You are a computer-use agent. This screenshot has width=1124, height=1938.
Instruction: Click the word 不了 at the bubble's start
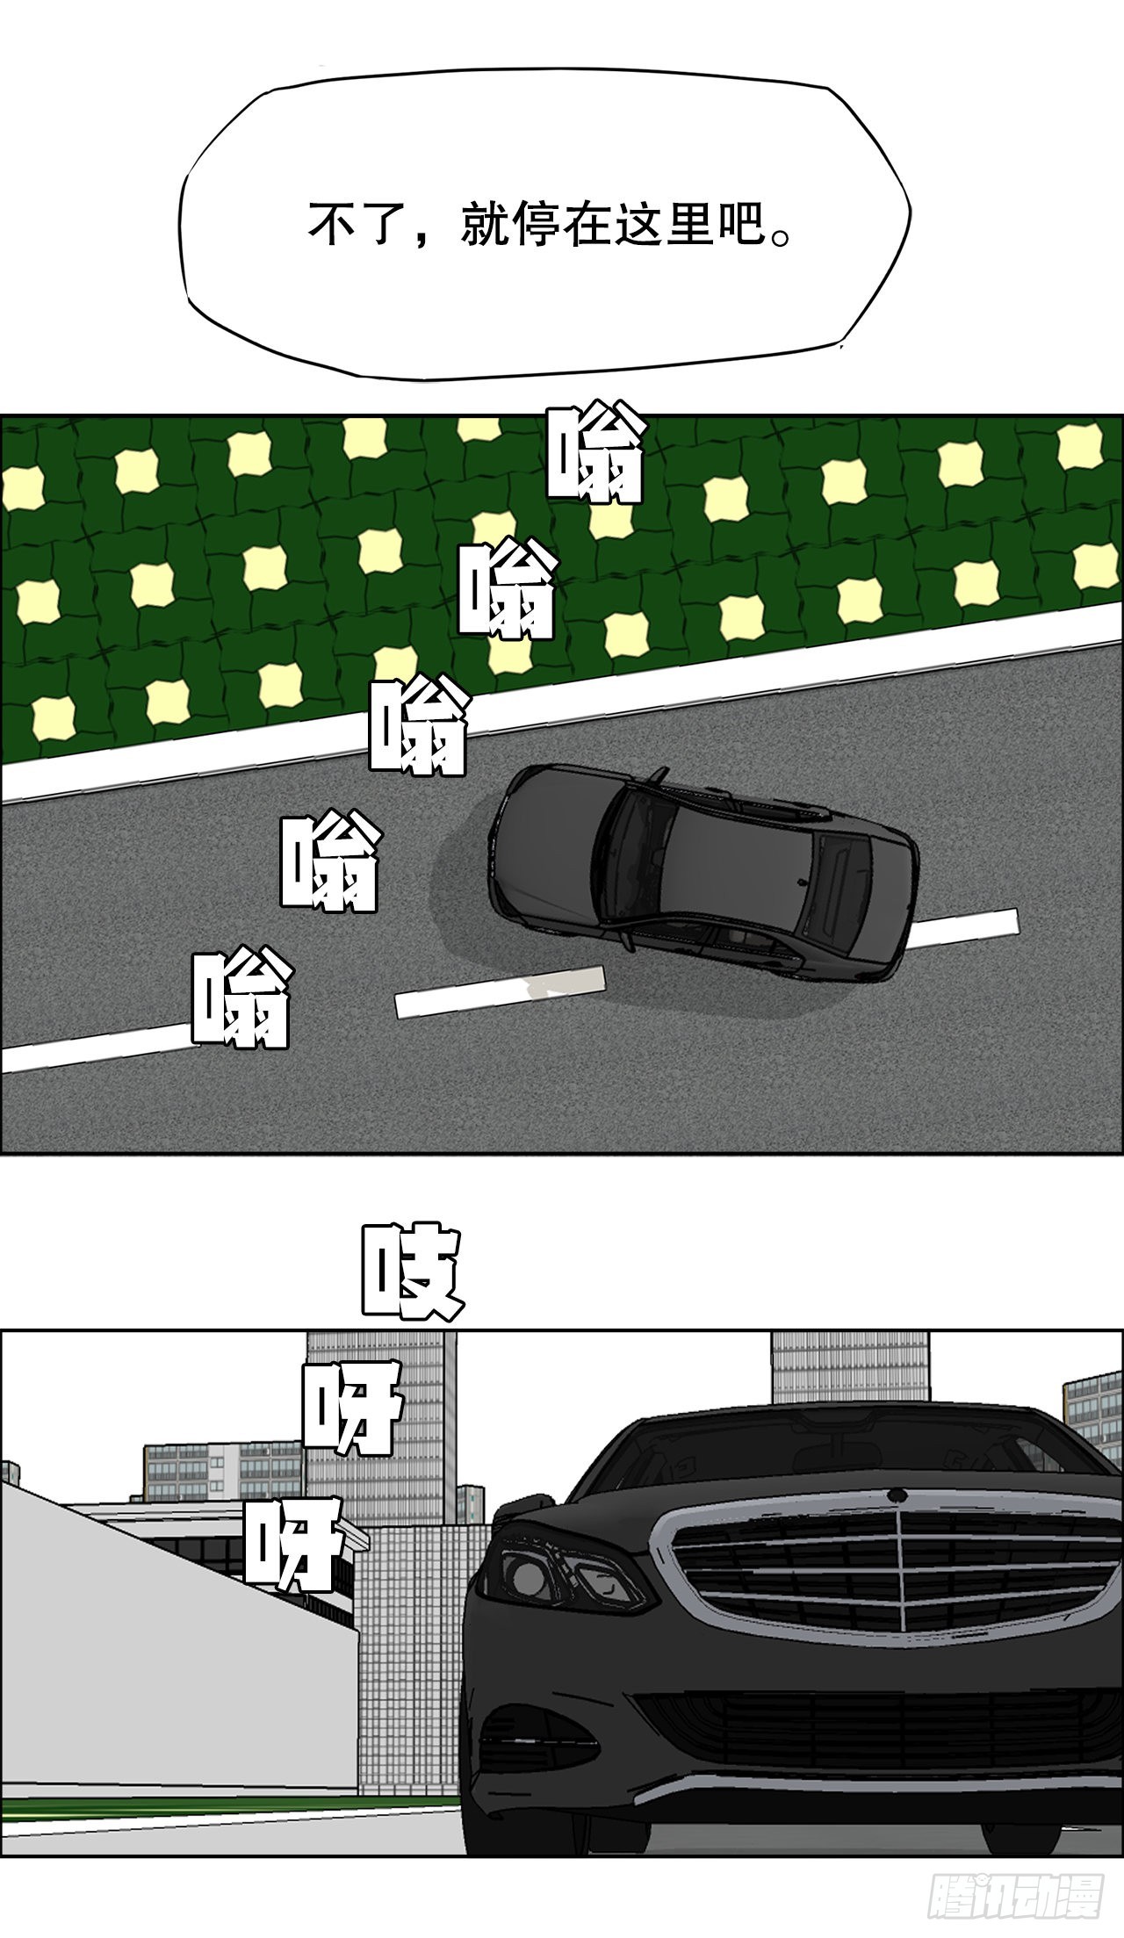pyautogui.click(x=350, y=225)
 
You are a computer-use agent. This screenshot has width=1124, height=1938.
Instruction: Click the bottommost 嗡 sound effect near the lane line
pyautogui.click(x=241, y=1001)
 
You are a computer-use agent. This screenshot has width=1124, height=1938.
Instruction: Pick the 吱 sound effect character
pyautogui.click(x=411, y=1272)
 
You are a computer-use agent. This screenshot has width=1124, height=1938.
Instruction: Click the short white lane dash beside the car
pyautogui.click(x=500, y=991)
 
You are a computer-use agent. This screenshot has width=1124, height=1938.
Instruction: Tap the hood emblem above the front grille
pyautogui.click(x=897, y=1495)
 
